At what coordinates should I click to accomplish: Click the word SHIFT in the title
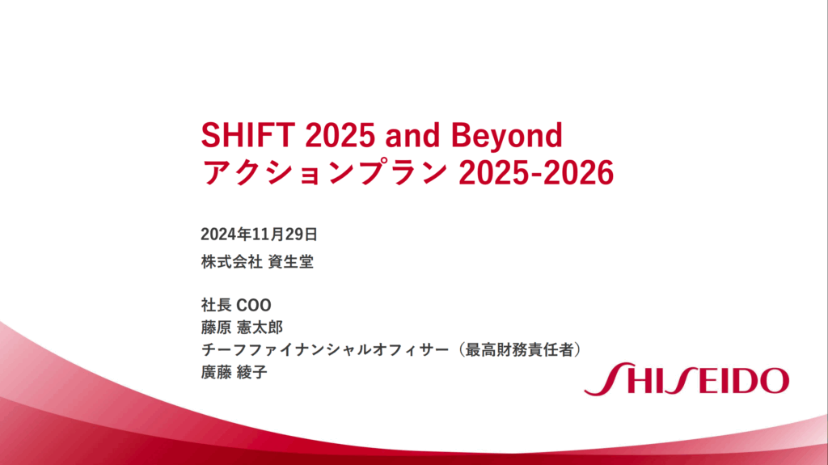pyautogui.click(x=247, y=135)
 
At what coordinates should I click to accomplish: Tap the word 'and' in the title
pyautogui.click(x=412, y=135)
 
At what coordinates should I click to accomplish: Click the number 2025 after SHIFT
pyautogui.click(x=340, y=135)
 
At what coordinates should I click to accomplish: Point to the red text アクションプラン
pyautogui.click(x=325, y=172)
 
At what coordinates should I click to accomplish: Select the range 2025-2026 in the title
pyautogui.click(x=536, y=173)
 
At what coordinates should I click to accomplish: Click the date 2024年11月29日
pyautogui.click(x=259, y=234)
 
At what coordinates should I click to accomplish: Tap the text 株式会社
pyautogui.click(x=231, y=261)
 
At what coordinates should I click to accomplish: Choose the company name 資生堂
pyautogui.click(x=291, y=261)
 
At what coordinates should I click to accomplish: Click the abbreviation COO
pyautogui.click(x=253, y=306)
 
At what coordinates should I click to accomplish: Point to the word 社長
pyautogui.click(x=216, y=306)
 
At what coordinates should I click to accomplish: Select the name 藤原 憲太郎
pyautogui.click(x=242, y=328)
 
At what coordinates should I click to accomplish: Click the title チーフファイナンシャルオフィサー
pyautogui.click(x=325, y=350)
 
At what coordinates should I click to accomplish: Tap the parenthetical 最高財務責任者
pyautogui.click(x=519, y=350)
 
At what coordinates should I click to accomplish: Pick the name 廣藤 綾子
pyautogui.click(x=234, y=373)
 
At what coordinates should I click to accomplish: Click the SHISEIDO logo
pyautogui.click(x=686, y=378)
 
